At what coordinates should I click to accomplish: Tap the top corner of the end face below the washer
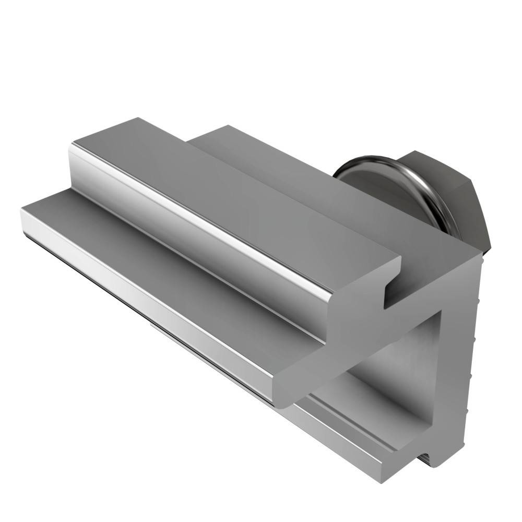478,256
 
